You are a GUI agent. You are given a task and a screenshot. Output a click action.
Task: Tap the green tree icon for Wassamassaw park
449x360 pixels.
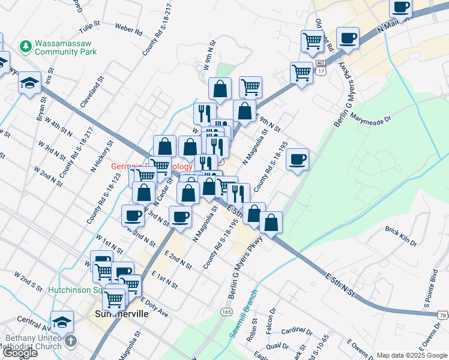[25, 46]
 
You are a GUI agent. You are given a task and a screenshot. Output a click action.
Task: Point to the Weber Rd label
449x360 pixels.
[128, 28]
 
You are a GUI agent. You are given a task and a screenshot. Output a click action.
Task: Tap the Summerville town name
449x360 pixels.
[118, 315]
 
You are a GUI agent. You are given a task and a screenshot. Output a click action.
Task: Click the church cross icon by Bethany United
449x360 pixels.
[71, 341]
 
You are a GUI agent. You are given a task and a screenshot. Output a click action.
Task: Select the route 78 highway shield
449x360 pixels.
[443, 315]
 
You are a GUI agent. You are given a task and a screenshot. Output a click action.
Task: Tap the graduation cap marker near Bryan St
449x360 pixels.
[29, 84]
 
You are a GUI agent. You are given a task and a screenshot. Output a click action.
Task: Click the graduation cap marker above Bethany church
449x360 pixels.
[62, 322]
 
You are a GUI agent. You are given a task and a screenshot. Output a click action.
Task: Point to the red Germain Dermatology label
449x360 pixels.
[152, 166]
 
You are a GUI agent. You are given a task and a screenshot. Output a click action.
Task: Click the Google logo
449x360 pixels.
[19, 353]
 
